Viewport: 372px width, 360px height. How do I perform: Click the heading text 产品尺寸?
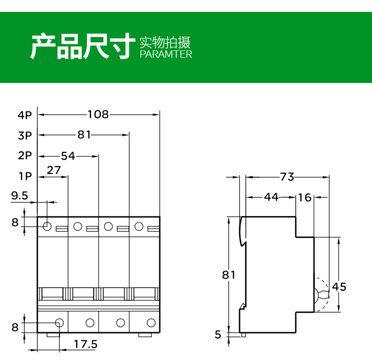point(82,46)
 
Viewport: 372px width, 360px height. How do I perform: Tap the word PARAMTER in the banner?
point(166,54)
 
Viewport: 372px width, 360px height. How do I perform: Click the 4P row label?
point(25,115)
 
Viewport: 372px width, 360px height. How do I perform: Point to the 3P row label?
point(25,135)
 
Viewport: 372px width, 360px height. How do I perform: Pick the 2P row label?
point(25,155)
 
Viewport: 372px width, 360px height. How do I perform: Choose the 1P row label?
point(25,176)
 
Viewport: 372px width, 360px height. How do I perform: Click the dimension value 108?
point(98,115)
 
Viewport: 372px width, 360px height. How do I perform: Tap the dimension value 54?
point(68,156)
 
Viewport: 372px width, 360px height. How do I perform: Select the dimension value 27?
point(54,170)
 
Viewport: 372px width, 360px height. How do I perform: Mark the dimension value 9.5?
point(19,196)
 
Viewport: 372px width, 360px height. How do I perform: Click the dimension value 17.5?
point(85,344)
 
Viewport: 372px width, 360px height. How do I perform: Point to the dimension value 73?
point(287,176)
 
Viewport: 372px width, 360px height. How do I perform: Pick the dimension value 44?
point(271,197)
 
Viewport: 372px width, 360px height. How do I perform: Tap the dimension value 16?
point(305,197)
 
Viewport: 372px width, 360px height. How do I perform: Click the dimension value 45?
point(339,287)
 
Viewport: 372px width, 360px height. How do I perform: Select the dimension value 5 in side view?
point(218,335)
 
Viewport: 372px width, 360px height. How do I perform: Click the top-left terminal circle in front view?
point(47,227)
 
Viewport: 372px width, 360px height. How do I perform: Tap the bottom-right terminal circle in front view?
point(150,323)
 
